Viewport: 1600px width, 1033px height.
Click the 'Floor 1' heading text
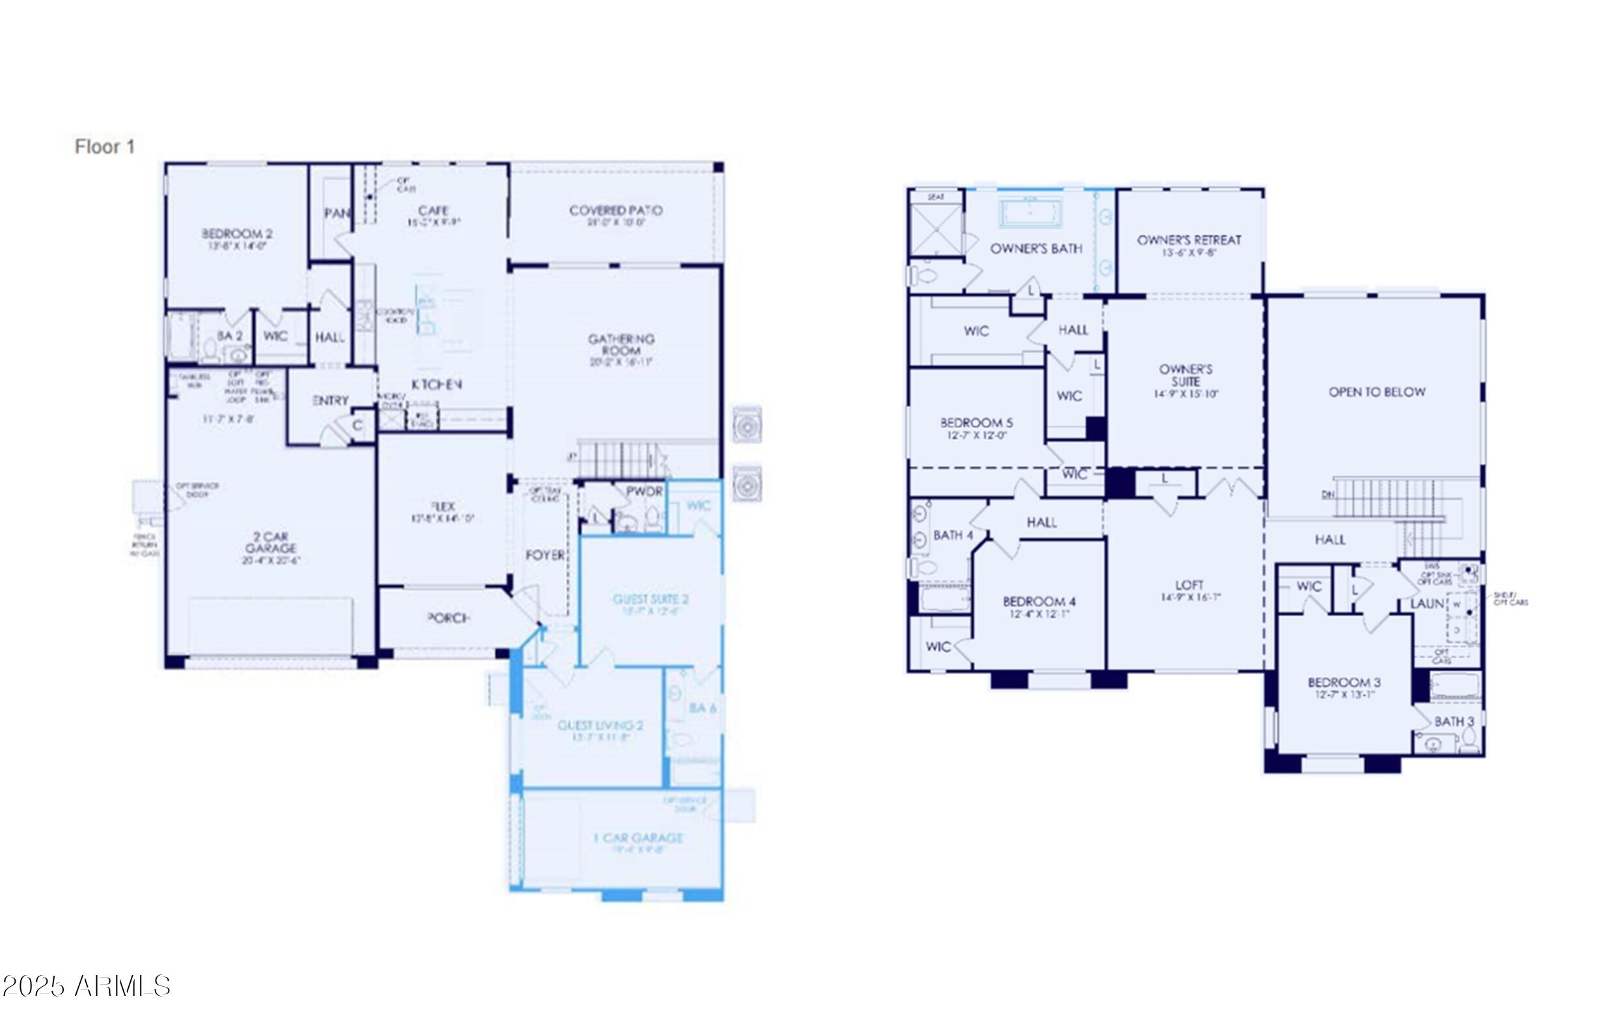tap(105, 147)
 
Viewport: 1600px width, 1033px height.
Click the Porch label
tap(448, 618)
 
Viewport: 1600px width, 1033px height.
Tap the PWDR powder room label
tap(644, 491)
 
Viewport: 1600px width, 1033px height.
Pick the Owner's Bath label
tap(1036, 249)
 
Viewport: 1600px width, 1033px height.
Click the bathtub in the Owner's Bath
tap(1030, 213)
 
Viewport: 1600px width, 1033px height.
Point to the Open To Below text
tap(1377, 392)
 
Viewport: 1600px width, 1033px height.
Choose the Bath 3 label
tap(1454, 722)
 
